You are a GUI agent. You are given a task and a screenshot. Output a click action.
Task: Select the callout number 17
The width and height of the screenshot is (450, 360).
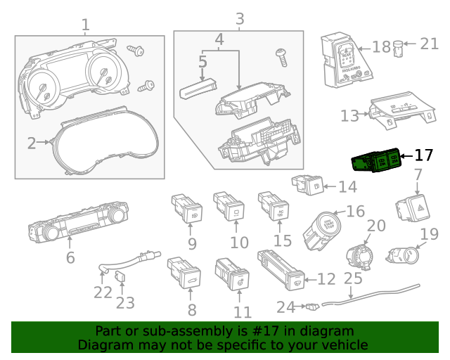pyautogui.click(x=424, y=155)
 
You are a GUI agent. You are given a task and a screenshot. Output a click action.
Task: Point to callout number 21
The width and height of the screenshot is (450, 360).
pyautogui.click(x=429, y=44)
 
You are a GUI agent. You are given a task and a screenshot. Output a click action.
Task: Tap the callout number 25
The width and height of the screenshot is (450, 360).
pyautogui.click(x=353, y=279)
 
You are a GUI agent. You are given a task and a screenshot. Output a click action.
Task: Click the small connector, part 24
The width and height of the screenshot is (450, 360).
pyautogui.click(x=311, y=306)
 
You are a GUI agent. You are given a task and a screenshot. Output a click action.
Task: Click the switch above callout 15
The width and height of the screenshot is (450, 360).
pyautogui.click(x=274, y=206)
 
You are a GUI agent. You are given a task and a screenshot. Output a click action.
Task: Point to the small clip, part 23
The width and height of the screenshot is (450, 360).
pyautogui.click(x=120, y=278)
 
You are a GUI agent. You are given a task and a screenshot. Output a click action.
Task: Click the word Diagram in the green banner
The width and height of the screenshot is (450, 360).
pyautogui.click(x=102, y=345)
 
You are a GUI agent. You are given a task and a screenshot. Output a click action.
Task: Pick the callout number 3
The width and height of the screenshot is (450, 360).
pyautogui.click(x=239, y=18)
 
